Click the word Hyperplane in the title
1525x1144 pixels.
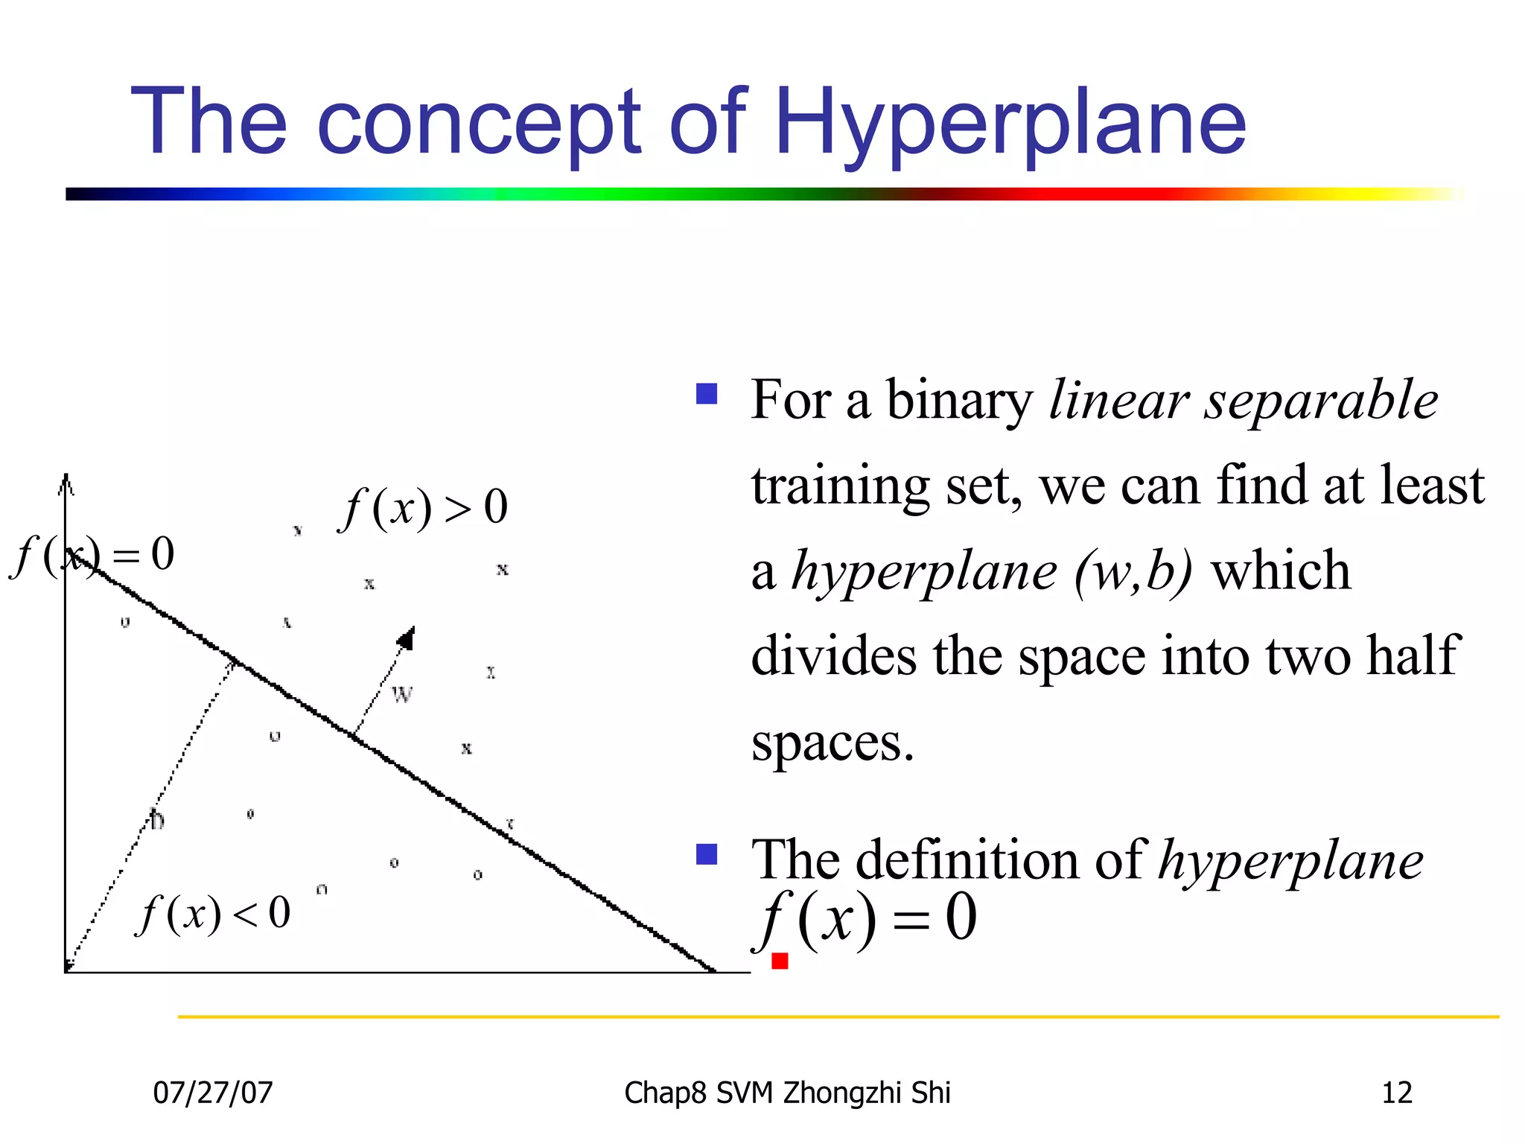tap(1010, 123)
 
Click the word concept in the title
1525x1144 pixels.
tap(479, 123)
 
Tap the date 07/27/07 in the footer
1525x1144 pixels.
tap(213, 1093)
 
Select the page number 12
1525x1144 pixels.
tap(1396, 1093)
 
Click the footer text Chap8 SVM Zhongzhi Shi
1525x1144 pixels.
tap(787, 1093)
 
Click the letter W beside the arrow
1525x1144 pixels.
tap(401, 695)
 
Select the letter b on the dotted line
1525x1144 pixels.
tap(156, 820)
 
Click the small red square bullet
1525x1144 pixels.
tap(780, 961)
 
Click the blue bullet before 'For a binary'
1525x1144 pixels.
tap(706, 393)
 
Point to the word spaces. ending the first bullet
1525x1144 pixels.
tap(832, 743)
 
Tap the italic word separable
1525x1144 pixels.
tap(1322, 401)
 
